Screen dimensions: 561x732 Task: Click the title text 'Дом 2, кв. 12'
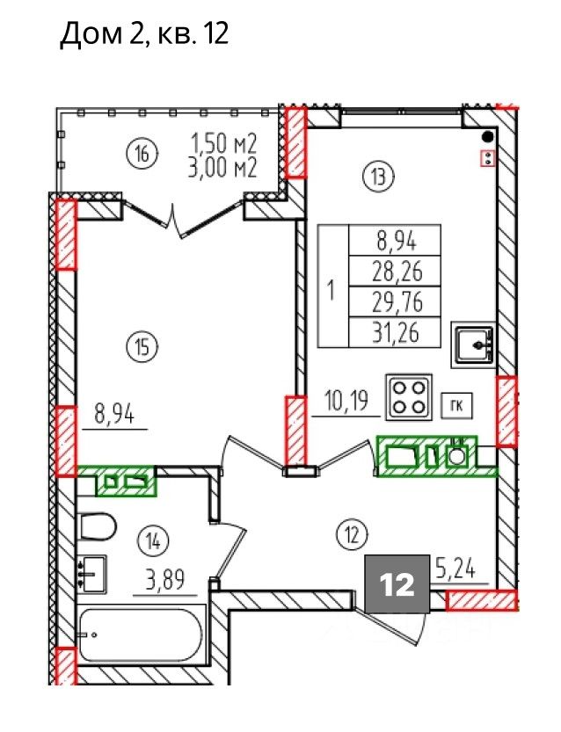(145, 34)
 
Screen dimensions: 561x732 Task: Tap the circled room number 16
(143, 153)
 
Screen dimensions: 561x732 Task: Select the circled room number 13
(379, 177)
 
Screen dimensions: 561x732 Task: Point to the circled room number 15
(143, 347)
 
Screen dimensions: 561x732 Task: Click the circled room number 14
(153, 542)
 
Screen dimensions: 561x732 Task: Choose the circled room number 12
(353, 535)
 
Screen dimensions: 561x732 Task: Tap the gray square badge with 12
(397, 583)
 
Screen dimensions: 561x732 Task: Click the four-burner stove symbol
(409, 396)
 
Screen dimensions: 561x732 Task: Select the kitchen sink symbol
(473, 344)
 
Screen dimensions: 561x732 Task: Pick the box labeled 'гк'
(457, 406)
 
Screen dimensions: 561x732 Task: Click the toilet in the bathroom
(97, 526)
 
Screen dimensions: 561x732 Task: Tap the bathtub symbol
(142, 634)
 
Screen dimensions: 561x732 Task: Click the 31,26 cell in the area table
(395, 332)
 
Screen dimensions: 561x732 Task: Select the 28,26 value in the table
(395, 271)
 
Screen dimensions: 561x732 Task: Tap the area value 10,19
(347, 401)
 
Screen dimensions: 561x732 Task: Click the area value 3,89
(165, 580)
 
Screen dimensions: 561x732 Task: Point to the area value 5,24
(455, 569)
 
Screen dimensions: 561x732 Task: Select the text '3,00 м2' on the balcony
(222, 168)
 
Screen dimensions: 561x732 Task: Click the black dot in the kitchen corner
(488, 136)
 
